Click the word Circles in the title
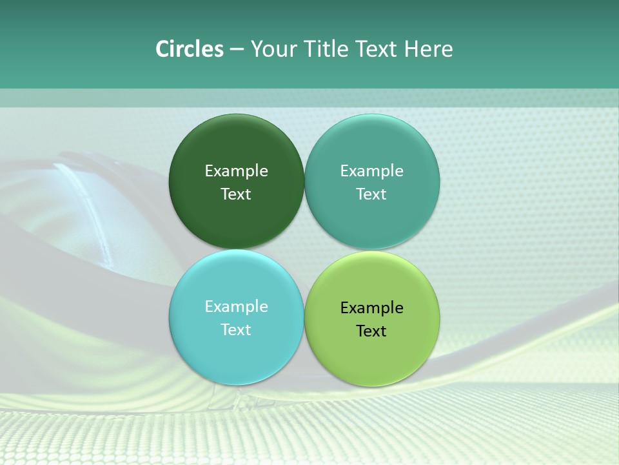pos(189,49)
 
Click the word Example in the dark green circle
pos(236,171)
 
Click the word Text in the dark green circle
pos(236,194)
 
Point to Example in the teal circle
pos(371,171)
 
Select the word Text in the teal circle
pos(371,194)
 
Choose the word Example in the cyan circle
pos(236,307)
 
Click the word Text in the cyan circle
pos(236,330)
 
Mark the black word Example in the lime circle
pos(371,308)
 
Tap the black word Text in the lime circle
pos(371,331)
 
